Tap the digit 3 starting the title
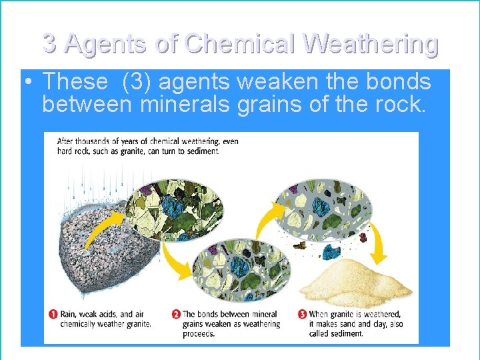(x=49, y=44)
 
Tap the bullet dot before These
(x=27, y=82)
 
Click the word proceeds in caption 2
(x=199, y=333)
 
